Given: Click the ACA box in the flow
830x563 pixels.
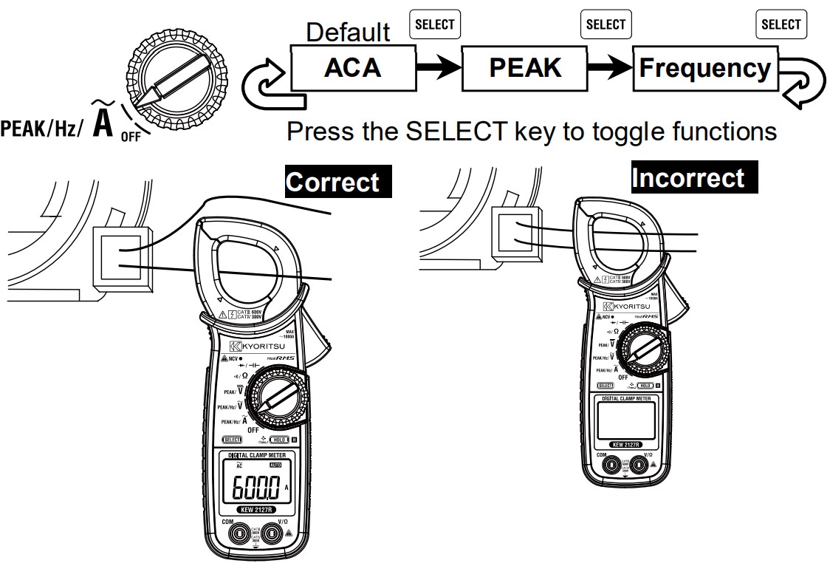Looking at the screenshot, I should click(x=353, y=68).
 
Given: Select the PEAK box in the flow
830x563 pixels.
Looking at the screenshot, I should click(x=524, y=68).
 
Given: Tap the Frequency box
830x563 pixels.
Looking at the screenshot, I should click(x=704, y=69).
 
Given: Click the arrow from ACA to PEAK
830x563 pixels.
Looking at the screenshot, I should click(x=438, y=69).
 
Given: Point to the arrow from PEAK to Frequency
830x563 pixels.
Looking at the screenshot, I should click(x=609, y=69).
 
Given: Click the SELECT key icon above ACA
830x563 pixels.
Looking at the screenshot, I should click(x=435, y=24).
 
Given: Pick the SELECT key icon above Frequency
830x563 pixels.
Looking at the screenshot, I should click(x=781, y=24).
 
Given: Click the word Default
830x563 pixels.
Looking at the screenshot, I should click(x=348, y=33).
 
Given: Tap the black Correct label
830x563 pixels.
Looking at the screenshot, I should click(x=337, y=182).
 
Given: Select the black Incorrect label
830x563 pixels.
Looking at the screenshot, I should click(x=687, y=178).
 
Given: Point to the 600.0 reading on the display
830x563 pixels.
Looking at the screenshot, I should click(x=256, y=488).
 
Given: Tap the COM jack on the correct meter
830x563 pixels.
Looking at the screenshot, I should click(x=238, y=534).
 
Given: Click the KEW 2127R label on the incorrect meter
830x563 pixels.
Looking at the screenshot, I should click(x=625, y=445).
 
